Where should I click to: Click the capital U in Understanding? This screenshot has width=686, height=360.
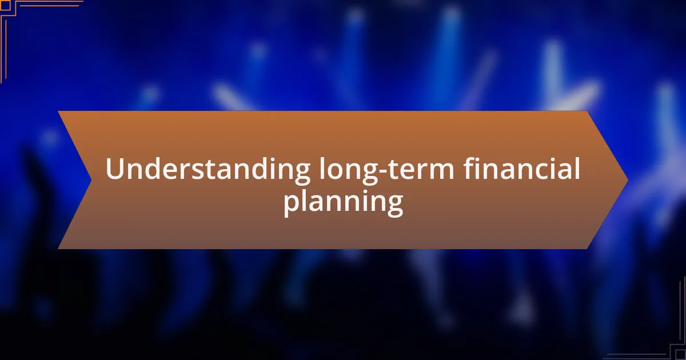click(115, 169)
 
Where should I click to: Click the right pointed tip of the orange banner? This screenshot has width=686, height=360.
click(628, 180)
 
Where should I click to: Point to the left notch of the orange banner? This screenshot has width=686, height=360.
click(91, 180)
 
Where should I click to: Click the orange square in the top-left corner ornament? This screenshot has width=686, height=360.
click(5, 5)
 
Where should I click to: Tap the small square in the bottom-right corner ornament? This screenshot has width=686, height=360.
click(681, 355)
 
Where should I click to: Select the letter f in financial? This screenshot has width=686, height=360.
click(469, 168)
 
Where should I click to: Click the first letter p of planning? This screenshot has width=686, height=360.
click(291, 205)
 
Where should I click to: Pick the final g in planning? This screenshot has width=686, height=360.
click(395, 205)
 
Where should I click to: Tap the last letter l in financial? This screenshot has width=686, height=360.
click(577, 168)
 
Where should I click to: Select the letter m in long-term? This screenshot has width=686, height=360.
click(441, 171)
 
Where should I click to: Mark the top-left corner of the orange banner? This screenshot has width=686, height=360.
click(58, 111)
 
